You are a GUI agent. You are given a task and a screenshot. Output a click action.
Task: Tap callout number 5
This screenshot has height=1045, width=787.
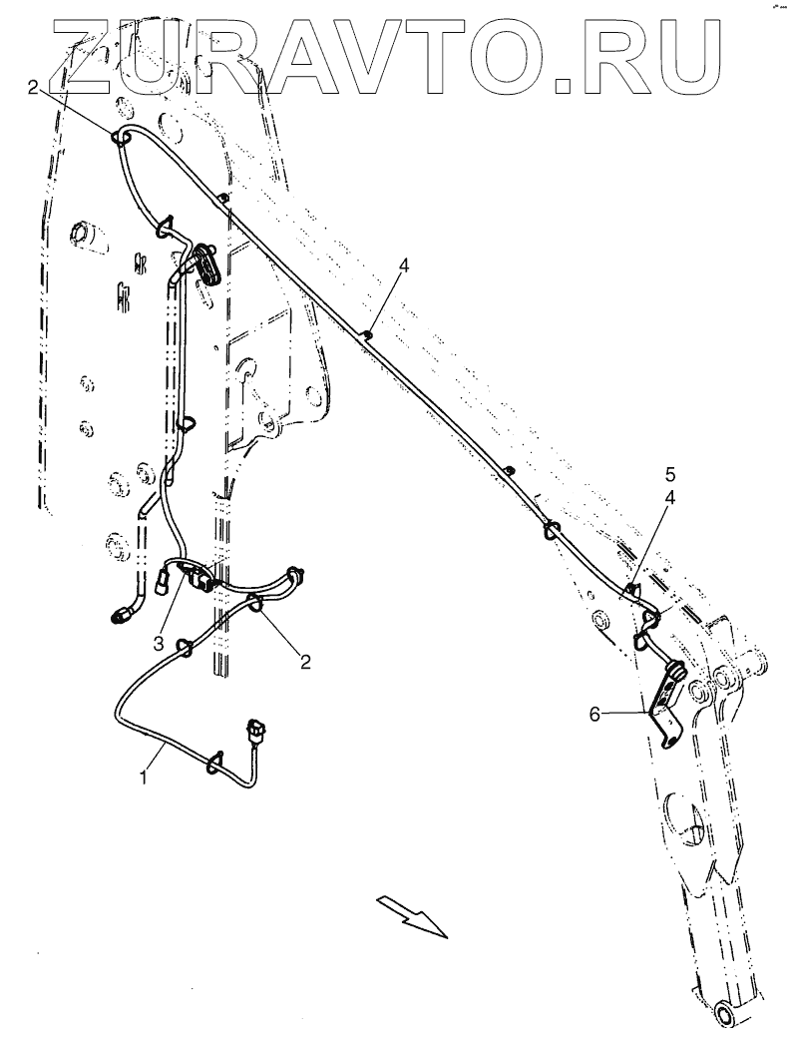[670, 472]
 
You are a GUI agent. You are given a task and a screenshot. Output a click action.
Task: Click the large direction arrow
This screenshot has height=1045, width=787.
[411, 915]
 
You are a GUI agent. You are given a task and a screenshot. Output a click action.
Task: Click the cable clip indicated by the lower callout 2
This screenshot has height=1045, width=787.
[256, 602]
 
